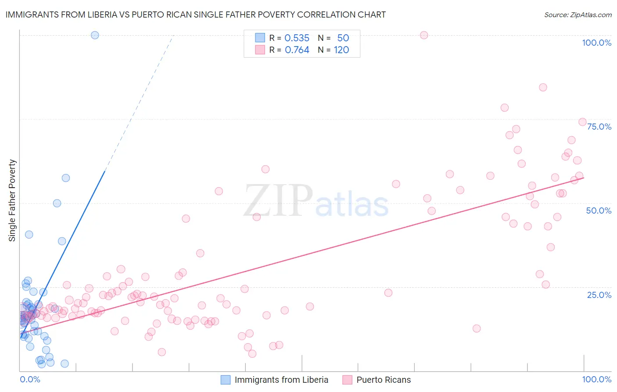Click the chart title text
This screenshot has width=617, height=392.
click(196, 15)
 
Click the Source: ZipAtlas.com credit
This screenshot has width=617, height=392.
click(578, 15)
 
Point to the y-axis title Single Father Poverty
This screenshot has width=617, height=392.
click(12, 200)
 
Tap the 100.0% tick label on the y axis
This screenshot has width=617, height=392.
click(596, 43)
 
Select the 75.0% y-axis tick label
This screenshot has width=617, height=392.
click(599, 127)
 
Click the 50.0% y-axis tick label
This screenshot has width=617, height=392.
click(599, 211)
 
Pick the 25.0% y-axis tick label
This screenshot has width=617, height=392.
click(599, 295)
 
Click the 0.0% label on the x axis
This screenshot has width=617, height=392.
click(30, 379)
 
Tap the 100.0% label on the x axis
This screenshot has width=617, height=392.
click(596, 379)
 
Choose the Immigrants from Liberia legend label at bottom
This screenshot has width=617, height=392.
click(281, 380)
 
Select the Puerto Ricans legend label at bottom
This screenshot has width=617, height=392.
click(384, 380)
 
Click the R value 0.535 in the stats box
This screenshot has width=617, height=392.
click(297, 38)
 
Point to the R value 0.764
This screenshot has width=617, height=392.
click(297, 50)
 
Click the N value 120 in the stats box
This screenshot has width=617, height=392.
click(341, 50)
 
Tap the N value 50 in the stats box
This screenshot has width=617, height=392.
click(343, 38)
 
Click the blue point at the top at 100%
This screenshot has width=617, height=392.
click(95, 35)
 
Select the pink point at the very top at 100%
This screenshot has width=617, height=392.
click(424, 35)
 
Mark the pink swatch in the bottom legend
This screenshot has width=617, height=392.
click(348, 380)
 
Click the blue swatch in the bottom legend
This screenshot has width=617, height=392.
click(226, 380)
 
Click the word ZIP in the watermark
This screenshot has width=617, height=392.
click(278, 201)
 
